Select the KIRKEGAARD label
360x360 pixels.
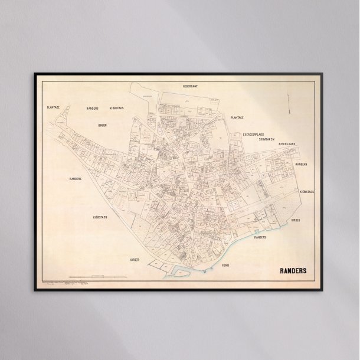pos(286,144)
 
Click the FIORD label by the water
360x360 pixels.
pos(225,266)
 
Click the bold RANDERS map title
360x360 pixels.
pos(293,273)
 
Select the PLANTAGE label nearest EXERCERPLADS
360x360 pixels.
pos(237,117)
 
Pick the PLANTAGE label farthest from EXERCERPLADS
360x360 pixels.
pos(54,107)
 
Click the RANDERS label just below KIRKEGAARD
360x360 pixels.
pos(302,164)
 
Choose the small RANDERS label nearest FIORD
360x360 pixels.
pos(260,237)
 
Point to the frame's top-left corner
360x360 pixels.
pos(34,73)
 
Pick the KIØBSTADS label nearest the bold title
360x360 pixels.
pos(307,192)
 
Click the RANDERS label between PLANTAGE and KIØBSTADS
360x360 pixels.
pos(92,109)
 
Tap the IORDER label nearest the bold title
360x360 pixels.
pos(296,220)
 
